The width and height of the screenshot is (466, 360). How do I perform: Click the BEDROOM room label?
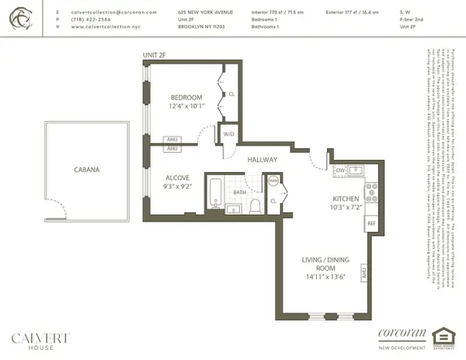(x=187, y=98)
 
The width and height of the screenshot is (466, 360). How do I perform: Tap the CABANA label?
(x=85, y=170)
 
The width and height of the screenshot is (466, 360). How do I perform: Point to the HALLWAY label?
(x=263, y=159)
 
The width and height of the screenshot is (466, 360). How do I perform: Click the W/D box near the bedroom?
(x=229, y=133)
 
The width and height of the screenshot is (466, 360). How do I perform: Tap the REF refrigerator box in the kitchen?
(x=370, y=223)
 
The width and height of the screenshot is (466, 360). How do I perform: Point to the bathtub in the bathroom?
(x=215, y=194)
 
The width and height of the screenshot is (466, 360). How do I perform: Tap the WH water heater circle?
(x=273, y=181)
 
